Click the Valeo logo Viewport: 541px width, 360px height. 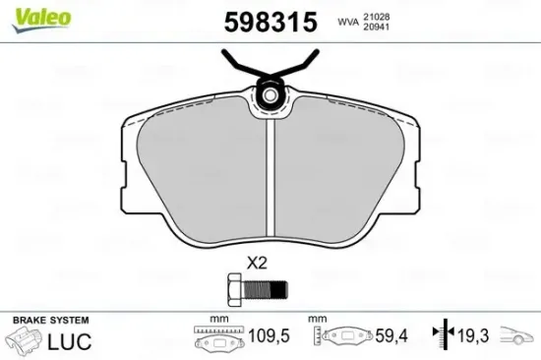click(41, 19)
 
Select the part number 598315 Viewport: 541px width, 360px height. click(270, 22)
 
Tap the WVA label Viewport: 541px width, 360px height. click(348, 22)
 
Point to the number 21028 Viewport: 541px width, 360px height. click(376, 17)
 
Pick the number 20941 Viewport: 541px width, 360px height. click(376, 27)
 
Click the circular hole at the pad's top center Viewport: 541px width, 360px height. click(270, 94)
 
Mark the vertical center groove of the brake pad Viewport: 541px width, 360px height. click(270, 178)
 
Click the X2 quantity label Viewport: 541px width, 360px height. click(257, 264)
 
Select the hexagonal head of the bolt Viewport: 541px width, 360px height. click(236, 289)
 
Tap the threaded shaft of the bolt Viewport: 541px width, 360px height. click(266, 289)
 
